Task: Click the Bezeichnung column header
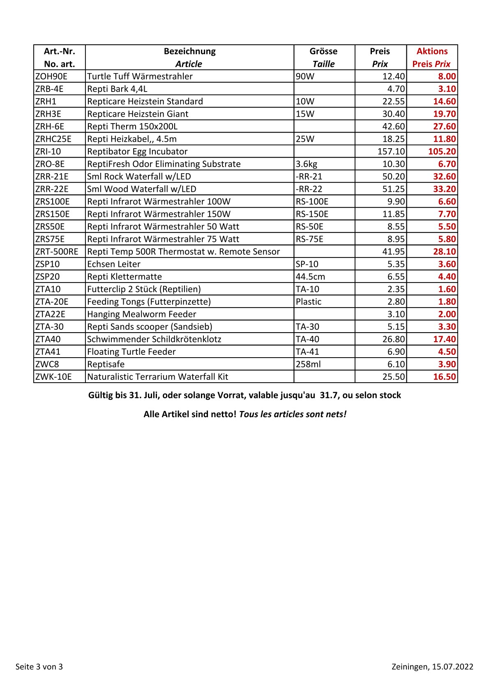pos(189,51)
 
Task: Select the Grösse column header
pos(323,51)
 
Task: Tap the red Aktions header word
pos(432,51)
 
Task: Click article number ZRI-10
pos(48,152)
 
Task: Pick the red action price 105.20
pos(442,152)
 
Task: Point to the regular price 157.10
pos(391,152)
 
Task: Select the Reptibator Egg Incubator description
pos(137,152)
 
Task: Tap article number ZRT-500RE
pos(57,252)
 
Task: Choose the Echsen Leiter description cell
pos(114,264)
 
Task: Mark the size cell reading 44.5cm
pos(310,277)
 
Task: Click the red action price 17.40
pos(444,339)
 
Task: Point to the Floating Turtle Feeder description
pos(131,352)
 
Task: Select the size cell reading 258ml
pos(308,364)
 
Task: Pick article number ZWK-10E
pos(53,377)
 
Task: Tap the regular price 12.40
pos(393,76)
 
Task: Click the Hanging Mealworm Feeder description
pos(141,314)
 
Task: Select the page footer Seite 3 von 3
pos(39,666)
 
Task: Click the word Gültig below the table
pos(100,395)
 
